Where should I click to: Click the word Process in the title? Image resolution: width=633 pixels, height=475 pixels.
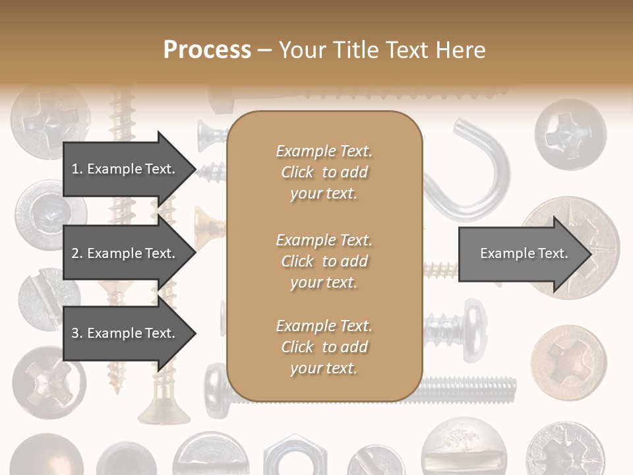207,50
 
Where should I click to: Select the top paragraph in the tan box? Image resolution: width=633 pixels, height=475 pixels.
324,172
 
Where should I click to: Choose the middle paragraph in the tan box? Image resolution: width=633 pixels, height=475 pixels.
324,261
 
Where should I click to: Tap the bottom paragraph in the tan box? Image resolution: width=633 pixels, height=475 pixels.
324,347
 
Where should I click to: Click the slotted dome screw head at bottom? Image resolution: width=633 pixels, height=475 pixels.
456,449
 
